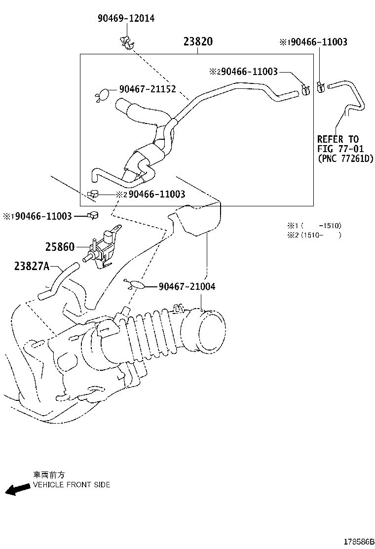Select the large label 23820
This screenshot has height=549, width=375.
coord(198,41)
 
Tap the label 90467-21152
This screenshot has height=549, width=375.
coord(147,89)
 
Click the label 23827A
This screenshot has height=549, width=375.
coord(32,266)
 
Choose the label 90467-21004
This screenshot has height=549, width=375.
coord(187,286)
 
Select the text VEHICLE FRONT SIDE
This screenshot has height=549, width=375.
coord(72,484)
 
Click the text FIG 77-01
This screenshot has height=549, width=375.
coord(341,149)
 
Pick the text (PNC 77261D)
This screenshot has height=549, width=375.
coord(345,158)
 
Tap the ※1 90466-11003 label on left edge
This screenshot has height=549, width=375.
coord(37,216)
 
